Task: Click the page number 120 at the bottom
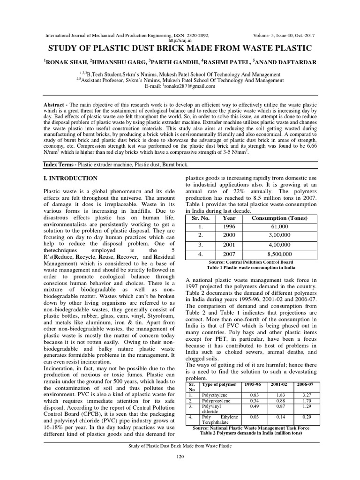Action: pos(180,457)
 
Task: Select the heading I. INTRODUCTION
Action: pos(70,178)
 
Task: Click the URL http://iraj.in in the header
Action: pos(180,41)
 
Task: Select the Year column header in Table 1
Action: pos(229,218)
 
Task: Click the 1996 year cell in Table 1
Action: pos(229,226)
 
